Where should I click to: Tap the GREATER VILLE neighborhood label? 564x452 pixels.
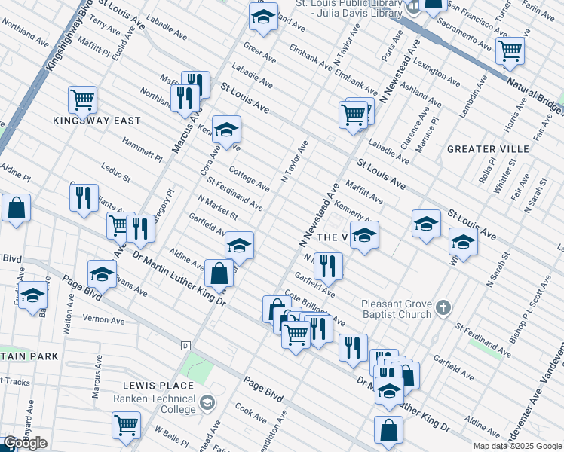[x=487, y=149]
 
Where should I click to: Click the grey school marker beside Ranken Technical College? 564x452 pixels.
[x=206, y=404]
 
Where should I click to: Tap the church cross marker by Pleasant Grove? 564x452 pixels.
[x=443, y=307]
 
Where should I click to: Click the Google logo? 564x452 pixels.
[x=25, y=443]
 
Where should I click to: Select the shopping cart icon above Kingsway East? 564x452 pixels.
[x=82, y=99]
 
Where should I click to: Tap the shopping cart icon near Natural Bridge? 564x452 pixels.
[x=510, y=50]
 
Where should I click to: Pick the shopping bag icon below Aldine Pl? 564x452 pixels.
[x=17, y=208]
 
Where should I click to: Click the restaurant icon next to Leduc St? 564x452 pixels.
[x=84, y=197]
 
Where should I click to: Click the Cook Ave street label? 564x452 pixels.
[x=250, y=412]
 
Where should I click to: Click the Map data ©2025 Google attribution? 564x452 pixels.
[x=517, y=446]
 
